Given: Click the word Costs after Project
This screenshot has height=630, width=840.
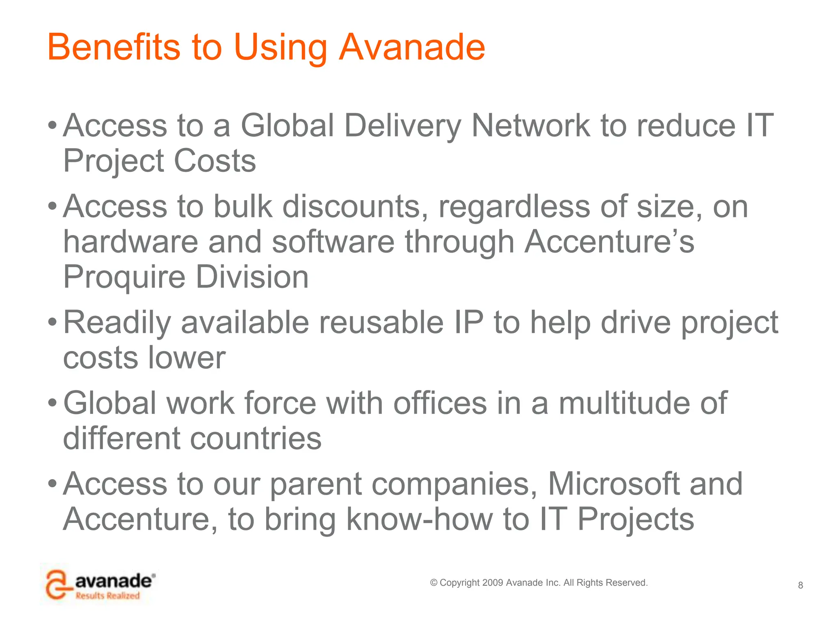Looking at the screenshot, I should [215, 160].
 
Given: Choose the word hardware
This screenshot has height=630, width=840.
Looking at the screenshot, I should [130, 242].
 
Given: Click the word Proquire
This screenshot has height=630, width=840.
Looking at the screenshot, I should [124, 278].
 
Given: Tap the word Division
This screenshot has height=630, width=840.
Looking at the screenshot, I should [252, 277].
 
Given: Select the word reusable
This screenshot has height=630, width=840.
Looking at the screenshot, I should [381, 322].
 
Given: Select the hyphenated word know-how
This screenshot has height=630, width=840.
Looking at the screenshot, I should [419, 519].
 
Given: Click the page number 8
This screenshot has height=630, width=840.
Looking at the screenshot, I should [800, 585].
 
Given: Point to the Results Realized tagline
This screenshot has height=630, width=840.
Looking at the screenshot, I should [107, 596].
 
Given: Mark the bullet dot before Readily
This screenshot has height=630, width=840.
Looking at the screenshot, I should [52, 322].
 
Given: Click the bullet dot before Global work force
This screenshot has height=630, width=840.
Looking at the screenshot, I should [52, 403].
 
